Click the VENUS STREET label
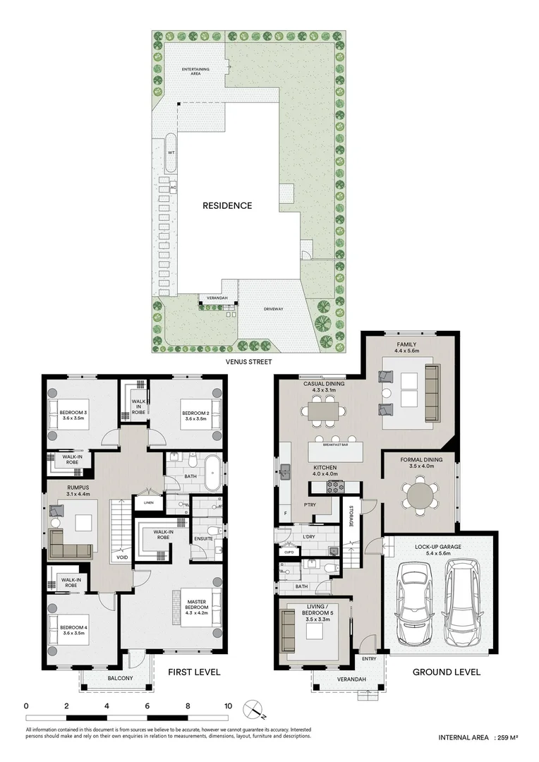[x=249, y=361]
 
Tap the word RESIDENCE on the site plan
[x=227, y=206]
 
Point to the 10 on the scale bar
[x=228, y=706]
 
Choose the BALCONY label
[x=117, y=679]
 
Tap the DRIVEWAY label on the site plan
[x=274, y=308]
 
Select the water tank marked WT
[x=171, y=152]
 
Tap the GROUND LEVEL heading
[x=447, y=672]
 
